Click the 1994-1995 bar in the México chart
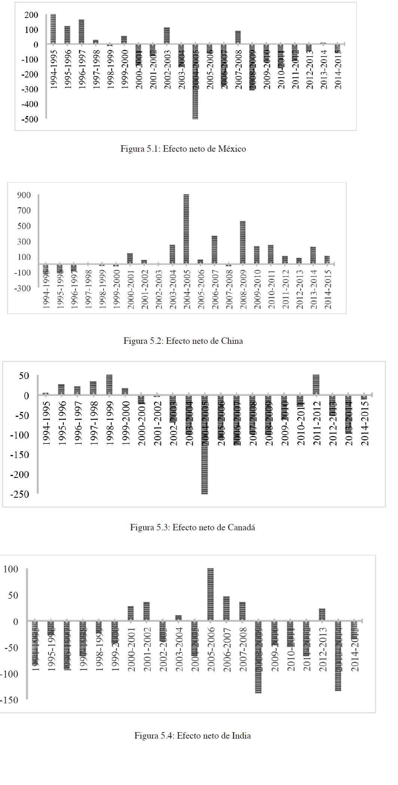pos(53,29)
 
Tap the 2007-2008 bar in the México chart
pos(238,37)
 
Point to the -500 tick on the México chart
pos(30,119)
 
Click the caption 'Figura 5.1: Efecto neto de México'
pos(183,149)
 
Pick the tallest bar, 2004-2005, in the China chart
pos(186,229)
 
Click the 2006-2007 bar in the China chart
pos(214,250)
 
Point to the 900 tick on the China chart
pos(24,195)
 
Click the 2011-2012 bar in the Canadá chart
pos(316,385)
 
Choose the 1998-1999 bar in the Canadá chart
pos(109,385)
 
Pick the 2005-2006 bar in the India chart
pos(211,595)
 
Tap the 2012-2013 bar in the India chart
pos(322,615)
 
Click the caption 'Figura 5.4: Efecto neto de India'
pos(193,736)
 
